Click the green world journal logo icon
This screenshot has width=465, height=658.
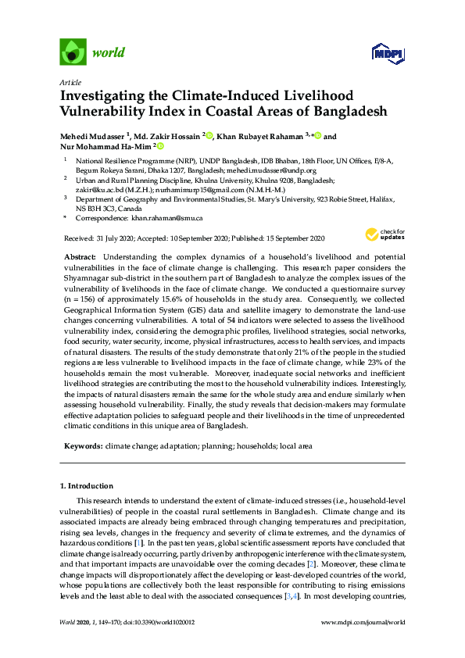point(73,52)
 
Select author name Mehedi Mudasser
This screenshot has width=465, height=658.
point(92,136)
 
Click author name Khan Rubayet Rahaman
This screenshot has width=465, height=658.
point(259,136)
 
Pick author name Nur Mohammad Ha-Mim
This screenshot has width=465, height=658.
point(106,146)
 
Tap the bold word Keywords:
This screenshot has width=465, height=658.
point(82,445)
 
